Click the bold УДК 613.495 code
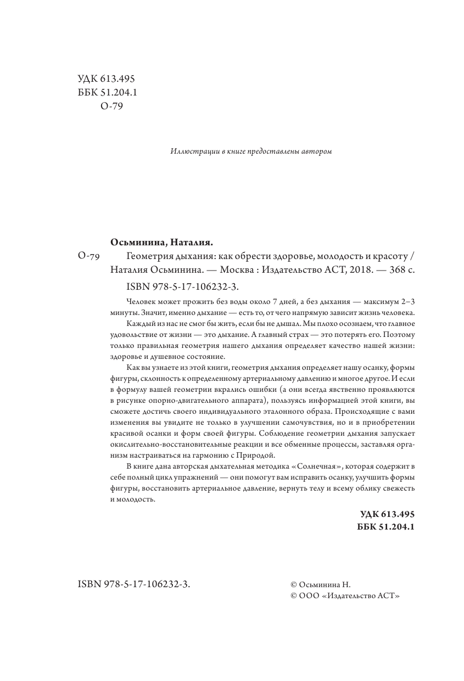387,514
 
